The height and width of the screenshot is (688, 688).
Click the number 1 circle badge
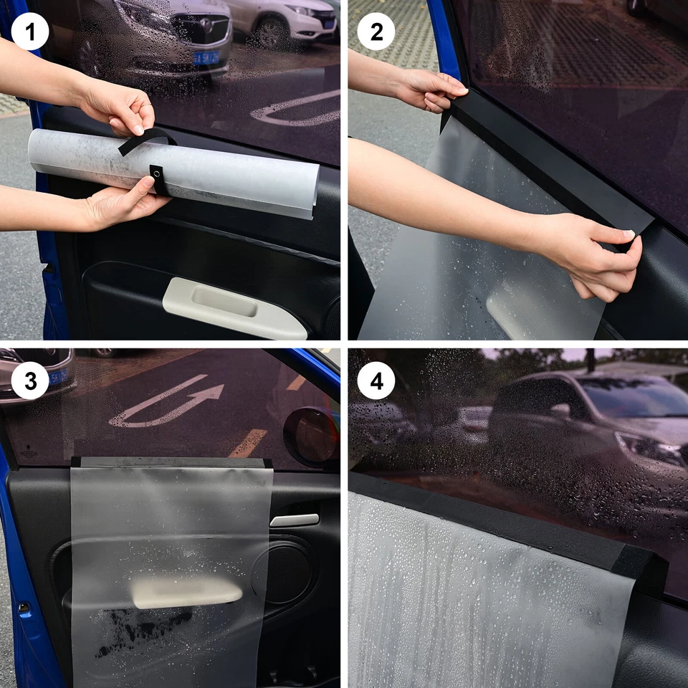(x=30, y=32)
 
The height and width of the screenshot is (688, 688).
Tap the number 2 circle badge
(x=376, y=32)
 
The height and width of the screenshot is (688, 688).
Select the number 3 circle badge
(x=30, y=381)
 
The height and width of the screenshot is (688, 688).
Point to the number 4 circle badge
(x=376, y=381)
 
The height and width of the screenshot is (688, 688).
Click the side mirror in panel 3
(x=310, y=436)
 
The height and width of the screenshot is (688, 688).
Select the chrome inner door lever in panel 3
(x=295, y=520)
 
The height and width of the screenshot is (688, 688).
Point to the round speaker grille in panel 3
(x=283, y=570)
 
